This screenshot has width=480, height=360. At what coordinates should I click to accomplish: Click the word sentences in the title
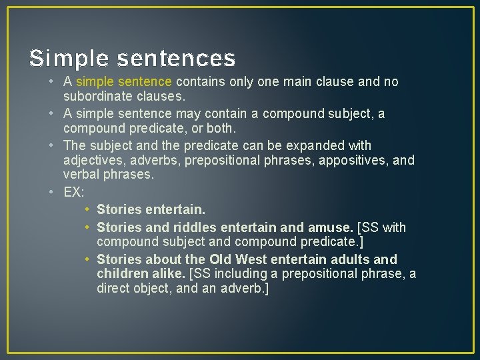pos(177,59)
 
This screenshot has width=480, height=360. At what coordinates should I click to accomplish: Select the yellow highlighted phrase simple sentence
pos(124,81)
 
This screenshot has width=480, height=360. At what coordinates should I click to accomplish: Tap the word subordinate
pos(97,96)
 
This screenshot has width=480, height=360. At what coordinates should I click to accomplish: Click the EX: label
pos(74,192)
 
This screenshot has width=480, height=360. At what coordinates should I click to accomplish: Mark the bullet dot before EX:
pos(53,192)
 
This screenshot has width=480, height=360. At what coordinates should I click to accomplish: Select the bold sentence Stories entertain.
pos(151,209)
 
